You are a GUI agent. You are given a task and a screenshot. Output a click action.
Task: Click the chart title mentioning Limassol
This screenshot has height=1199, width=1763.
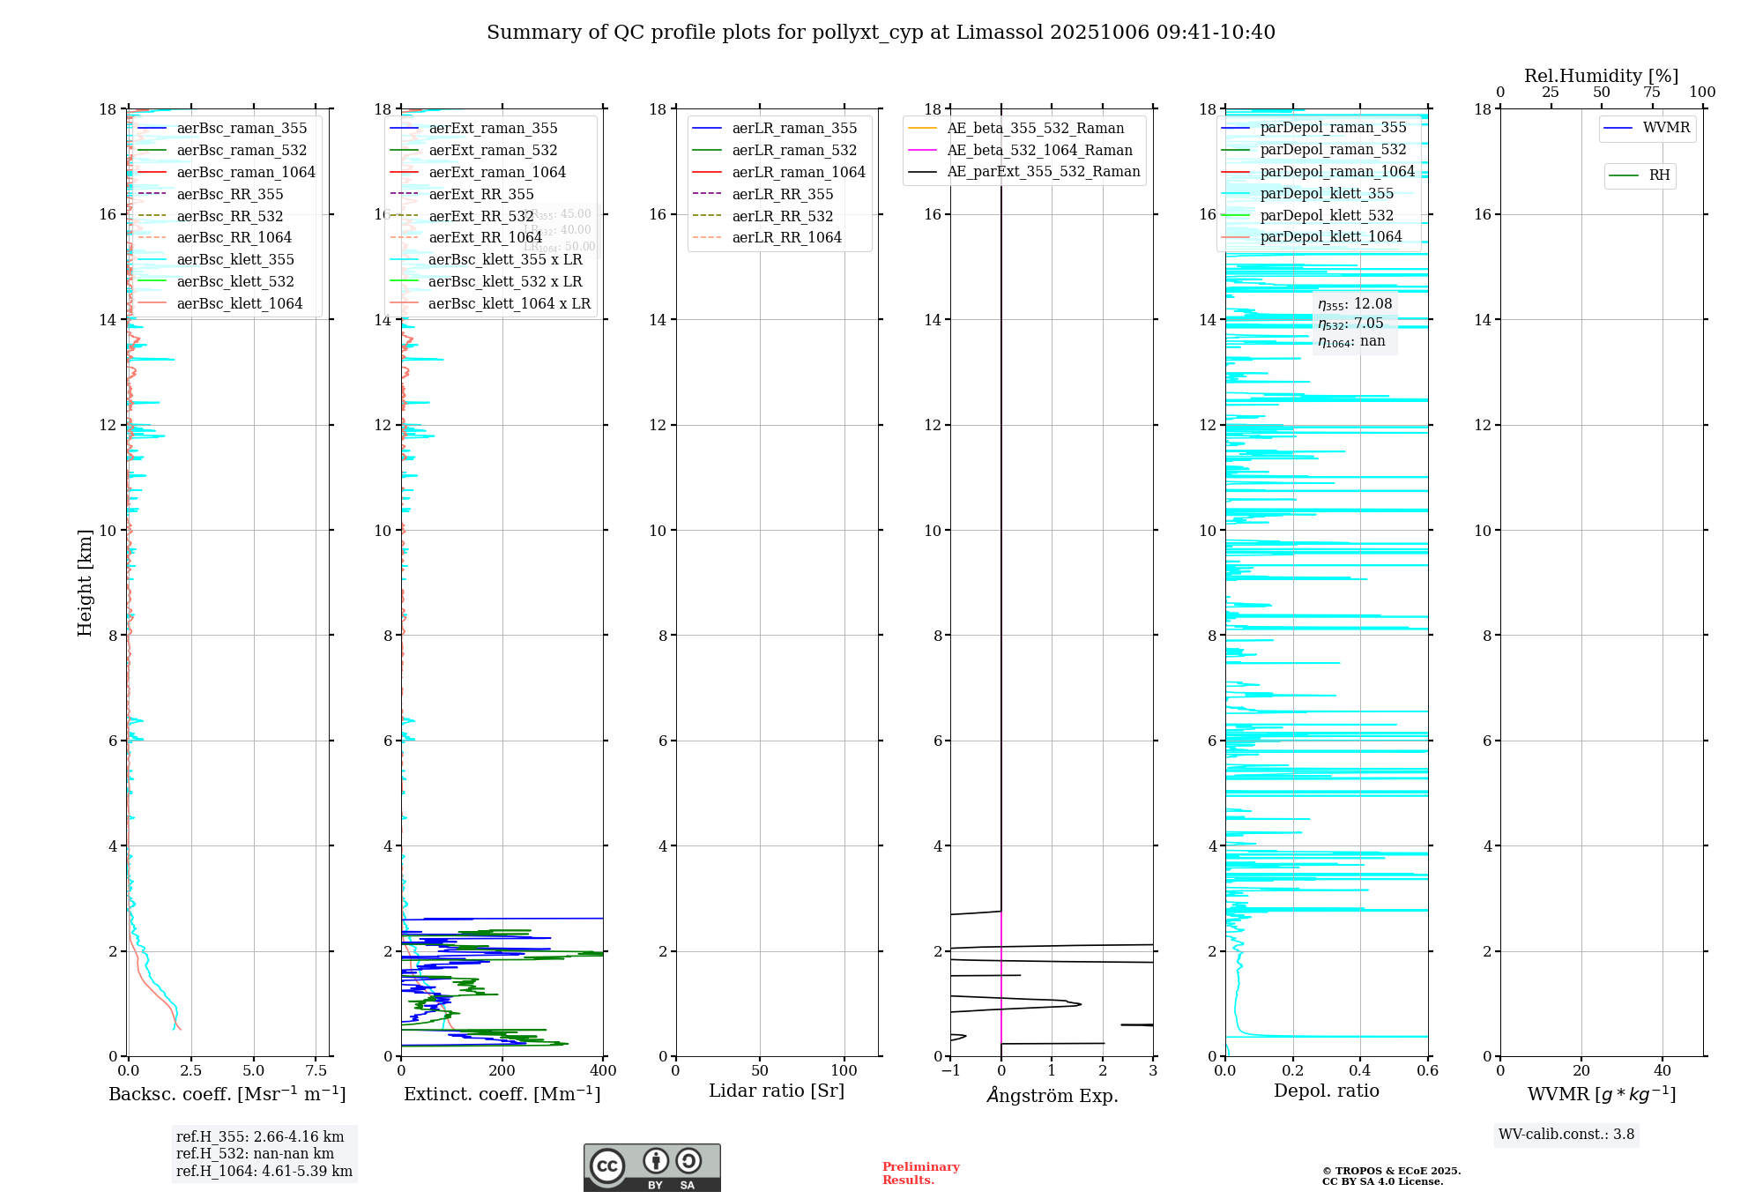pos(881,33)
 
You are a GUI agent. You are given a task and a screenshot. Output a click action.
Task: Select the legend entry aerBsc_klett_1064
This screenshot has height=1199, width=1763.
pos(239,303)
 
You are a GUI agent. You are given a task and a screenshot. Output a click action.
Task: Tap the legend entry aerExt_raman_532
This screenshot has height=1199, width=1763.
pos(493,150)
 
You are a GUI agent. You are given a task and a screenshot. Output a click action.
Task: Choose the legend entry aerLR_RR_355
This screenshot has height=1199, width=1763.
pos(782,194)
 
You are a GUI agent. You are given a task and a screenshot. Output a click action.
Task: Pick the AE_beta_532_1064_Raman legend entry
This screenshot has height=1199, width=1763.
pos(1039,150)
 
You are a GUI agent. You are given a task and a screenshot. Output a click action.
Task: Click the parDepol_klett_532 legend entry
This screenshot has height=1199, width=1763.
pos(1327,215)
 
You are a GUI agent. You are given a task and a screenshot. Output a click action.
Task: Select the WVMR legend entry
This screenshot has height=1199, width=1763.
pos(1666,128)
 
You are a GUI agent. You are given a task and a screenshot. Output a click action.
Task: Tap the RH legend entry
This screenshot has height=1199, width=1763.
pos(1659,175)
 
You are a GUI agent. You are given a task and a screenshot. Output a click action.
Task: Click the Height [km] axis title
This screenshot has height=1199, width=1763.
pos(85,583)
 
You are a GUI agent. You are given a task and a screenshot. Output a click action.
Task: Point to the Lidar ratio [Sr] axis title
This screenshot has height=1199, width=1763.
pos(777,1091)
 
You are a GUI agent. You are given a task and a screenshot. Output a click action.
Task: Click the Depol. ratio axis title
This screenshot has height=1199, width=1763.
pos(1326,1091)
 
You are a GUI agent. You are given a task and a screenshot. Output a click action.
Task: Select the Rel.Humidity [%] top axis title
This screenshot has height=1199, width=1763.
pos(1601,76)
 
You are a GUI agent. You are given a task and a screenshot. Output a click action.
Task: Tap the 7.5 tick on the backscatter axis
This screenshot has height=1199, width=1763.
pos(316,1070)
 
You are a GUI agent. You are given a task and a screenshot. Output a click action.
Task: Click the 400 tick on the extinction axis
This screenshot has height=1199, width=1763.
pos(604,1070)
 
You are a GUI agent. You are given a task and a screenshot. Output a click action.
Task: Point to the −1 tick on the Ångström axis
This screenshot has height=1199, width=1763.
pos(950,1070)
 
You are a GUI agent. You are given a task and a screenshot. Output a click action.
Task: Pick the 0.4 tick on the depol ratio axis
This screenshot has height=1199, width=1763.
pos(1360,1070)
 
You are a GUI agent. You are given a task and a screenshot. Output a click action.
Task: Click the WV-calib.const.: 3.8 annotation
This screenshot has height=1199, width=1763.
pos(1566,1134)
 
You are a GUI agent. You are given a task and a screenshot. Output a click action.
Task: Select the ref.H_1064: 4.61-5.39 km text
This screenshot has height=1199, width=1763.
pos(264,1171)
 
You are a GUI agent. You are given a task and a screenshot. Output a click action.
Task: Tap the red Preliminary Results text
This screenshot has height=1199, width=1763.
pos(920,1173)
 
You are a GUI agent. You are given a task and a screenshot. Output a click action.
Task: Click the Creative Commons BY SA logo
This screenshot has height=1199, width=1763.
pos(651,1167)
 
